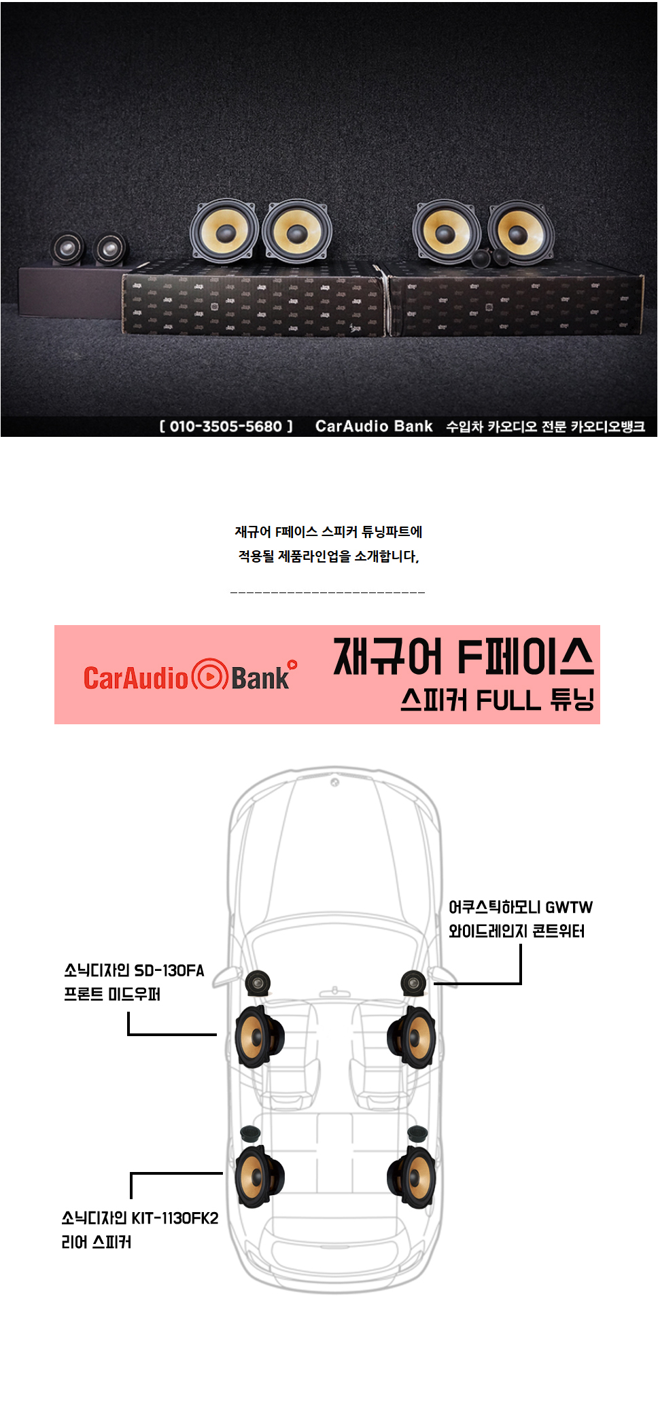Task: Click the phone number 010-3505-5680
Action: (226, 427)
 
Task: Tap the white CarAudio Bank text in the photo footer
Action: (374, 427)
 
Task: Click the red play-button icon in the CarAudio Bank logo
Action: (209, 676)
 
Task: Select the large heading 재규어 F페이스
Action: (463, 657)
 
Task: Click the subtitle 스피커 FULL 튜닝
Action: (497, 700)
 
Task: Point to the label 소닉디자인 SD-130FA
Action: (134, 970)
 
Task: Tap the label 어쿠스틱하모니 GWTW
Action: (520, 907)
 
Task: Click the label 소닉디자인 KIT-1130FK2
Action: (140, 1218)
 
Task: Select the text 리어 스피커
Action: (97, 1242)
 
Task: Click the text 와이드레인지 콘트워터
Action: (516, 931)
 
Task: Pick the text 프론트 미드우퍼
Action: (112, 994)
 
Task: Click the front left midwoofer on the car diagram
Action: (258, 1037)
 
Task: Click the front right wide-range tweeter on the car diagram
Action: (413, 982)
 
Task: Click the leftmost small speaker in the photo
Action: (68, 249)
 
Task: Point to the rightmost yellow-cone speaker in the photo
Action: (519, 232)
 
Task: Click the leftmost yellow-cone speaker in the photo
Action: (224, 231)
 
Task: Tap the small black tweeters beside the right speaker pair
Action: (491, 257)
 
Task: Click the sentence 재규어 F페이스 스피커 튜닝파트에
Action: (328, 532)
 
